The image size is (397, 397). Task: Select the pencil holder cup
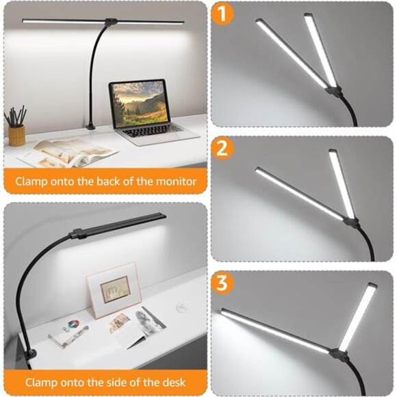pyautogui.click(x=16, y=135)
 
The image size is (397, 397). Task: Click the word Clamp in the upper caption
pyautogui.click(x=32, y=182)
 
